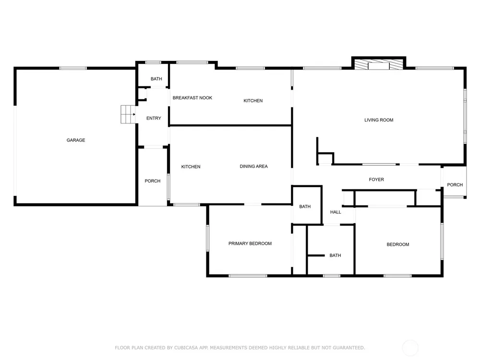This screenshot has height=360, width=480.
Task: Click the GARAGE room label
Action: pos(76,140)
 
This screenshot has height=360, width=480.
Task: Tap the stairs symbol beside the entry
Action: pos(128,114)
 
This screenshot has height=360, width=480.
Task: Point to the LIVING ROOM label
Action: pos(379,120)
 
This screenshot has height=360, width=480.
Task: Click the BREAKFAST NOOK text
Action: pos(192,98)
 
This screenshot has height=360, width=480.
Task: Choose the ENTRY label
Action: pos(154,118)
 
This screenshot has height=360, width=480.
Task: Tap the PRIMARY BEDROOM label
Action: pos(250,244)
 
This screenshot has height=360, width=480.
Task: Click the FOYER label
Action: pos(376,180)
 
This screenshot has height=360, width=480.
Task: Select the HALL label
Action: pos(336,212)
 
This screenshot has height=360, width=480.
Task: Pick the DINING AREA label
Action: pos(253,167)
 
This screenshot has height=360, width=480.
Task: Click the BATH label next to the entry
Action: pos(156,79)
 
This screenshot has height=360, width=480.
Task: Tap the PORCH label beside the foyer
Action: pos(455,185)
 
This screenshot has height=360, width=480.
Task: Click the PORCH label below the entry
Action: pos(153,181)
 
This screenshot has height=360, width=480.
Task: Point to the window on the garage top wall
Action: pos(73,68)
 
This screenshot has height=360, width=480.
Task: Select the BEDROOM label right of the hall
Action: pos(398,245)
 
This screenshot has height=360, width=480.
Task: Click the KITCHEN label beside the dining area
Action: pos(191,167)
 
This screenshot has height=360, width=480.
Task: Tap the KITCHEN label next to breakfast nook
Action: pos(253,101)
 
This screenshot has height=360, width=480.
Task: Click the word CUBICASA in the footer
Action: pos(186,348)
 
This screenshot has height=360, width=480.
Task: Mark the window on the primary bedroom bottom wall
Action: pos(248,276)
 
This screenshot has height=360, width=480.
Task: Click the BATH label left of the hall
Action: pos(305,206)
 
